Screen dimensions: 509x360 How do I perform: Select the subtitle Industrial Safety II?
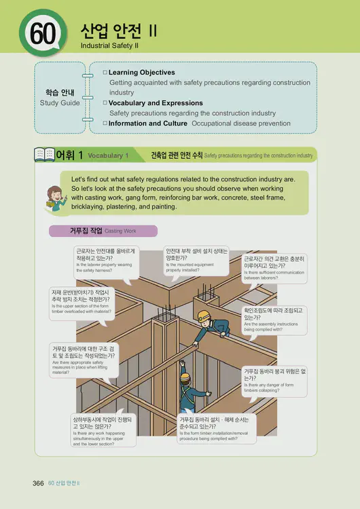point(110,45)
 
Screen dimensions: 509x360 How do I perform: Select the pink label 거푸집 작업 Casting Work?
point(103,231)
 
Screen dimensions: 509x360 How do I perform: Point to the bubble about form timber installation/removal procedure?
point(215,429)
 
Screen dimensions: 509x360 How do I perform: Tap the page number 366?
point(38,483)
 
